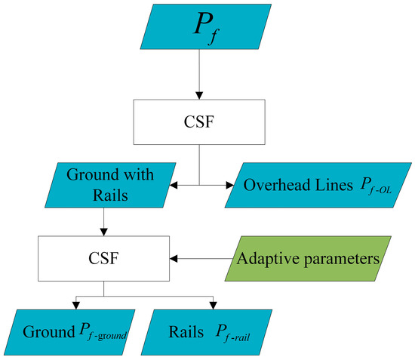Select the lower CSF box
104,258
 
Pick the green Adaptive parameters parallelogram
307,258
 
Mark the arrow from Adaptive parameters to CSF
200,258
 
